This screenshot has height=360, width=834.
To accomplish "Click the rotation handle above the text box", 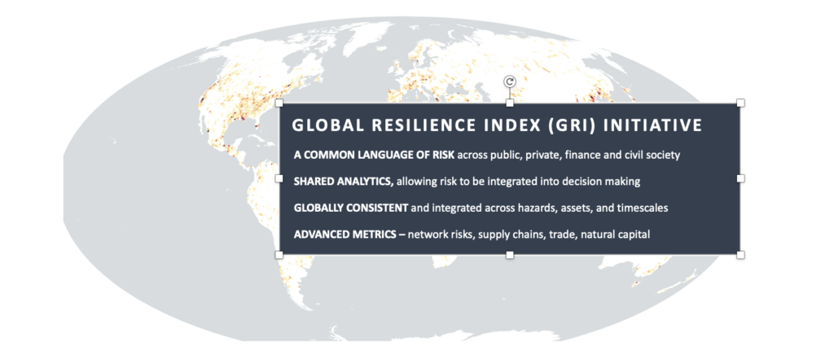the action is click(510, 81).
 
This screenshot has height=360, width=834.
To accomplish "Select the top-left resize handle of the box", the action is click(279, 103).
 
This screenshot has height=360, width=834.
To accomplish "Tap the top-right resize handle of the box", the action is click(740, 103).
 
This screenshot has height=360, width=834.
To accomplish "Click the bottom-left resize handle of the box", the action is click(279, 255).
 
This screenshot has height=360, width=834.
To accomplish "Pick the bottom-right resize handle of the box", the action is click(740, 255).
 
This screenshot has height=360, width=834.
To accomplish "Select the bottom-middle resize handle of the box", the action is click(510, 255).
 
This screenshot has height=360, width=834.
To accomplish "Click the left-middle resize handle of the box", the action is click(279, 178).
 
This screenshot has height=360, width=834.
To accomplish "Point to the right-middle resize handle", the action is click(740, 178).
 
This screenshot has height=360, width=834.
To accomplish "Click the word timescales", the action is click(642, 208).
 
